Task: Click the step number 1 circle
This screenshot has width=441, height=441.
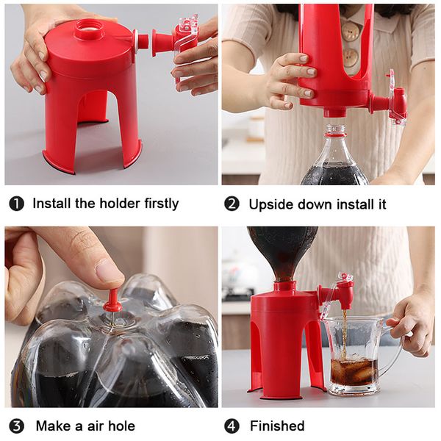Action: tap(16, 204)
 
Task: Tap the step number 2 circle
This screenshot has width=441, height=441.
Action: tap(232, 204)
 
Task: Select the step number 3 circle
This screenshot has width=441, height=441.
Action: tap(16, 426)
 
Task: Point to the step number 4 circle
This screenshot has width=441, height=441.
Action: tap(232, 426)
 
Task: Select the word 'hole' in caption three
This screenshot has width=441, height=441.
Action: tap(121, 426)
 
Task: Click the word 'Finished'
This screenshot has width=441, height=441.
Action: tap(277, 426)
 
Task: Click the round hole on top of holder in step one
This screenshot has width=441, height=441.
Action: tap(89, 32)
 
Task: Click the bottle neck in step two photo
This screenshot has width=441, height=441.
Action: tap(335, 136)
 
